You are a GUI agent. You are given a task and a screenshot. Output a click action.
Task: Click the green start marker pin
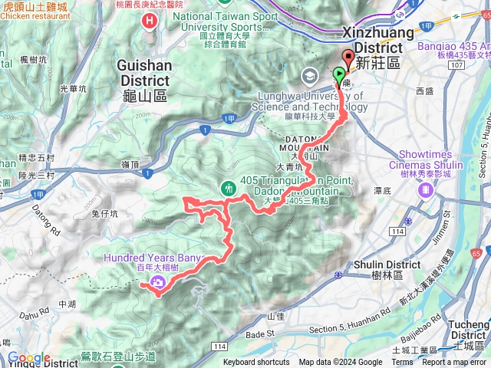339,75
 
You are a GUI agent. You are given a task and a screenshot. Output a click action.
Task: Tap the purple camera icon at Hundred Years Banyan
158,283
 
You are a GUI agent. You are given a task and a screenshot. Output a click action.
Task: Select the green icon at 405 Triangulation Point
229,187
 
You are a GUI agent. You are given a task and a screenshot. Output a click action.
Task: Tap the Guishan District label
143,74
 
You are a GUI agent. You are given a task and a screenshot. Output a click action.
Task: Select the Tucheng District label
470,330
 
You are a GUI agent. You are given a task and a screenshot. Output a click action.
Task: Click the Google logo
29,358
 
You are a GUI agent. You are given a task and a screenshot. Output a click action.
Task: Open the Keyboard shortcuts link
256,363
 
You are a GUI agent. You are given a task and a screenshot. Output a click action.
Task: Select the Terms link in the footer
402,363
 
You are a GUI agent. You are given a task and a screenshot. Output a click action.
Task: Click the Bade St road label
260,333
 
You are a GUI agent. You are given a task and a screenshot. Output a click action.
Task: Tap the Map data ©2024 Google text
341,363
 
